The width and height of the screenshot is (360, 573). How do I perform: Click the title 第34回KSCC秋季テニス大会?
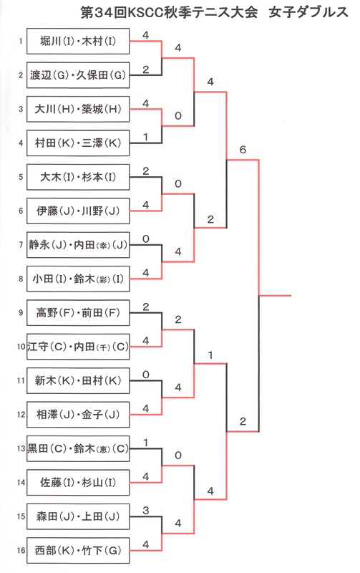170,12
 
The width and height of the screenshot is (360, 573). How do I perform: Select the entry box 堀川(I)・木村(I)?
78,41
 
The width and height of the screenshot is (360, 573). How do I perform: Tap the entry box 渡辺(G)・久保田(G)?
78,75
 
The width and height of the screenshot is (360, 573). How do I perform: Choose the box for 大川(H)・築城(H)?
78,109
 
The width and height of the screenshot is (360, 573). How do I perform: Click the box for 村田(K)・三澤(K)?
78,143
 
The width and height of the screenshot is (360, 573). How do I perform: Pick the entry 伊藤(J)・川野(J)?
78,211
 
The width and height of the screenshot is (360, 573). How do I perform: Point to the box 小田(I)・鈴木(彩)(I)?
78,279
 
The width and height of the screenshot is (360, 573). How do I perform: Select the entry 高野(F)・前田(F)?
78,313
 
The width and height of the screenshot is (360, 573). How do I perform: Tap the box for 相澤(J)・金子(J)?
78,415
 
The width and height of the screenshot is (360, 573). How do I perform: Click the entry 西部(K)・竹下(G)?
78,551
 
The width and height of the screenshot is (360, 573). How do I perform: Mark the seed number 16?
21,550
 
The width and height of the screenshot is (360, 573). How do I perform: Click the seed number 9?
21,312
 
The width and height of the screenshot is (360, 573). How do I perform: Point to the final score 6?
243,150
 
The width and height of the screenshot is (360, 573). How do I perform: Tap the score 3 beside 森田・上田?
146,510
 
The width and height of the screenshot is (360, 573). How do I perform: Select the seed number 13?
21,448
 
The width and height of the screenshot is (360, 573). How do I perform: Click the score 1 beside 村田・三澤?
146,137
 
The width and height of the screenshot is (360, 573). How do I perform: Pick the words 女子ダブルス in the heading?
308,12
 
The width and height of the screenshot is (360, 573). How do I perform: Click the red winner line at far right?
275,295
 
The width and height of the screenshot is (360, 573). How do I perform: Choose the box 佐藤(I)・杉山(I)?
78,483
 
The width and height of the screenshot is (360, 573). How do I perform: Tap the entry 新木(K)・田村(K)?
78,381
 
